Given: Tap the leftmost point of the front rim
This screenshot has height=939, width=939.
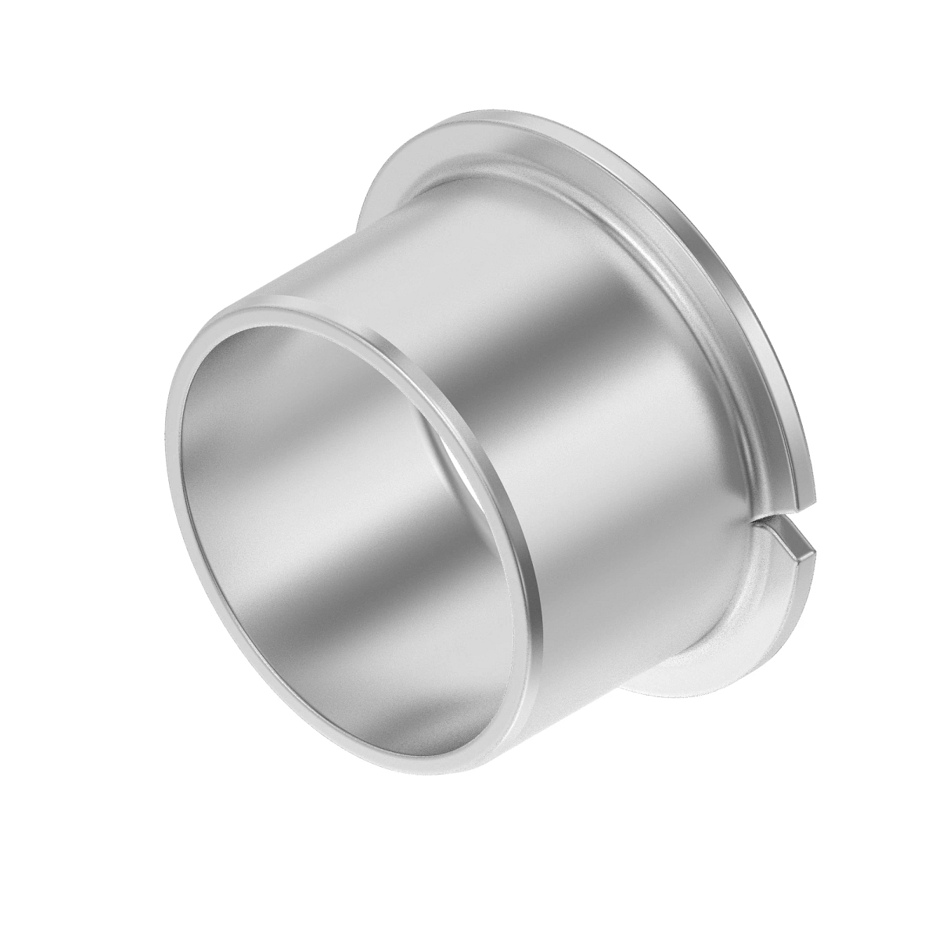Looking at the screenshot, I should (x=167, y=469).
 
